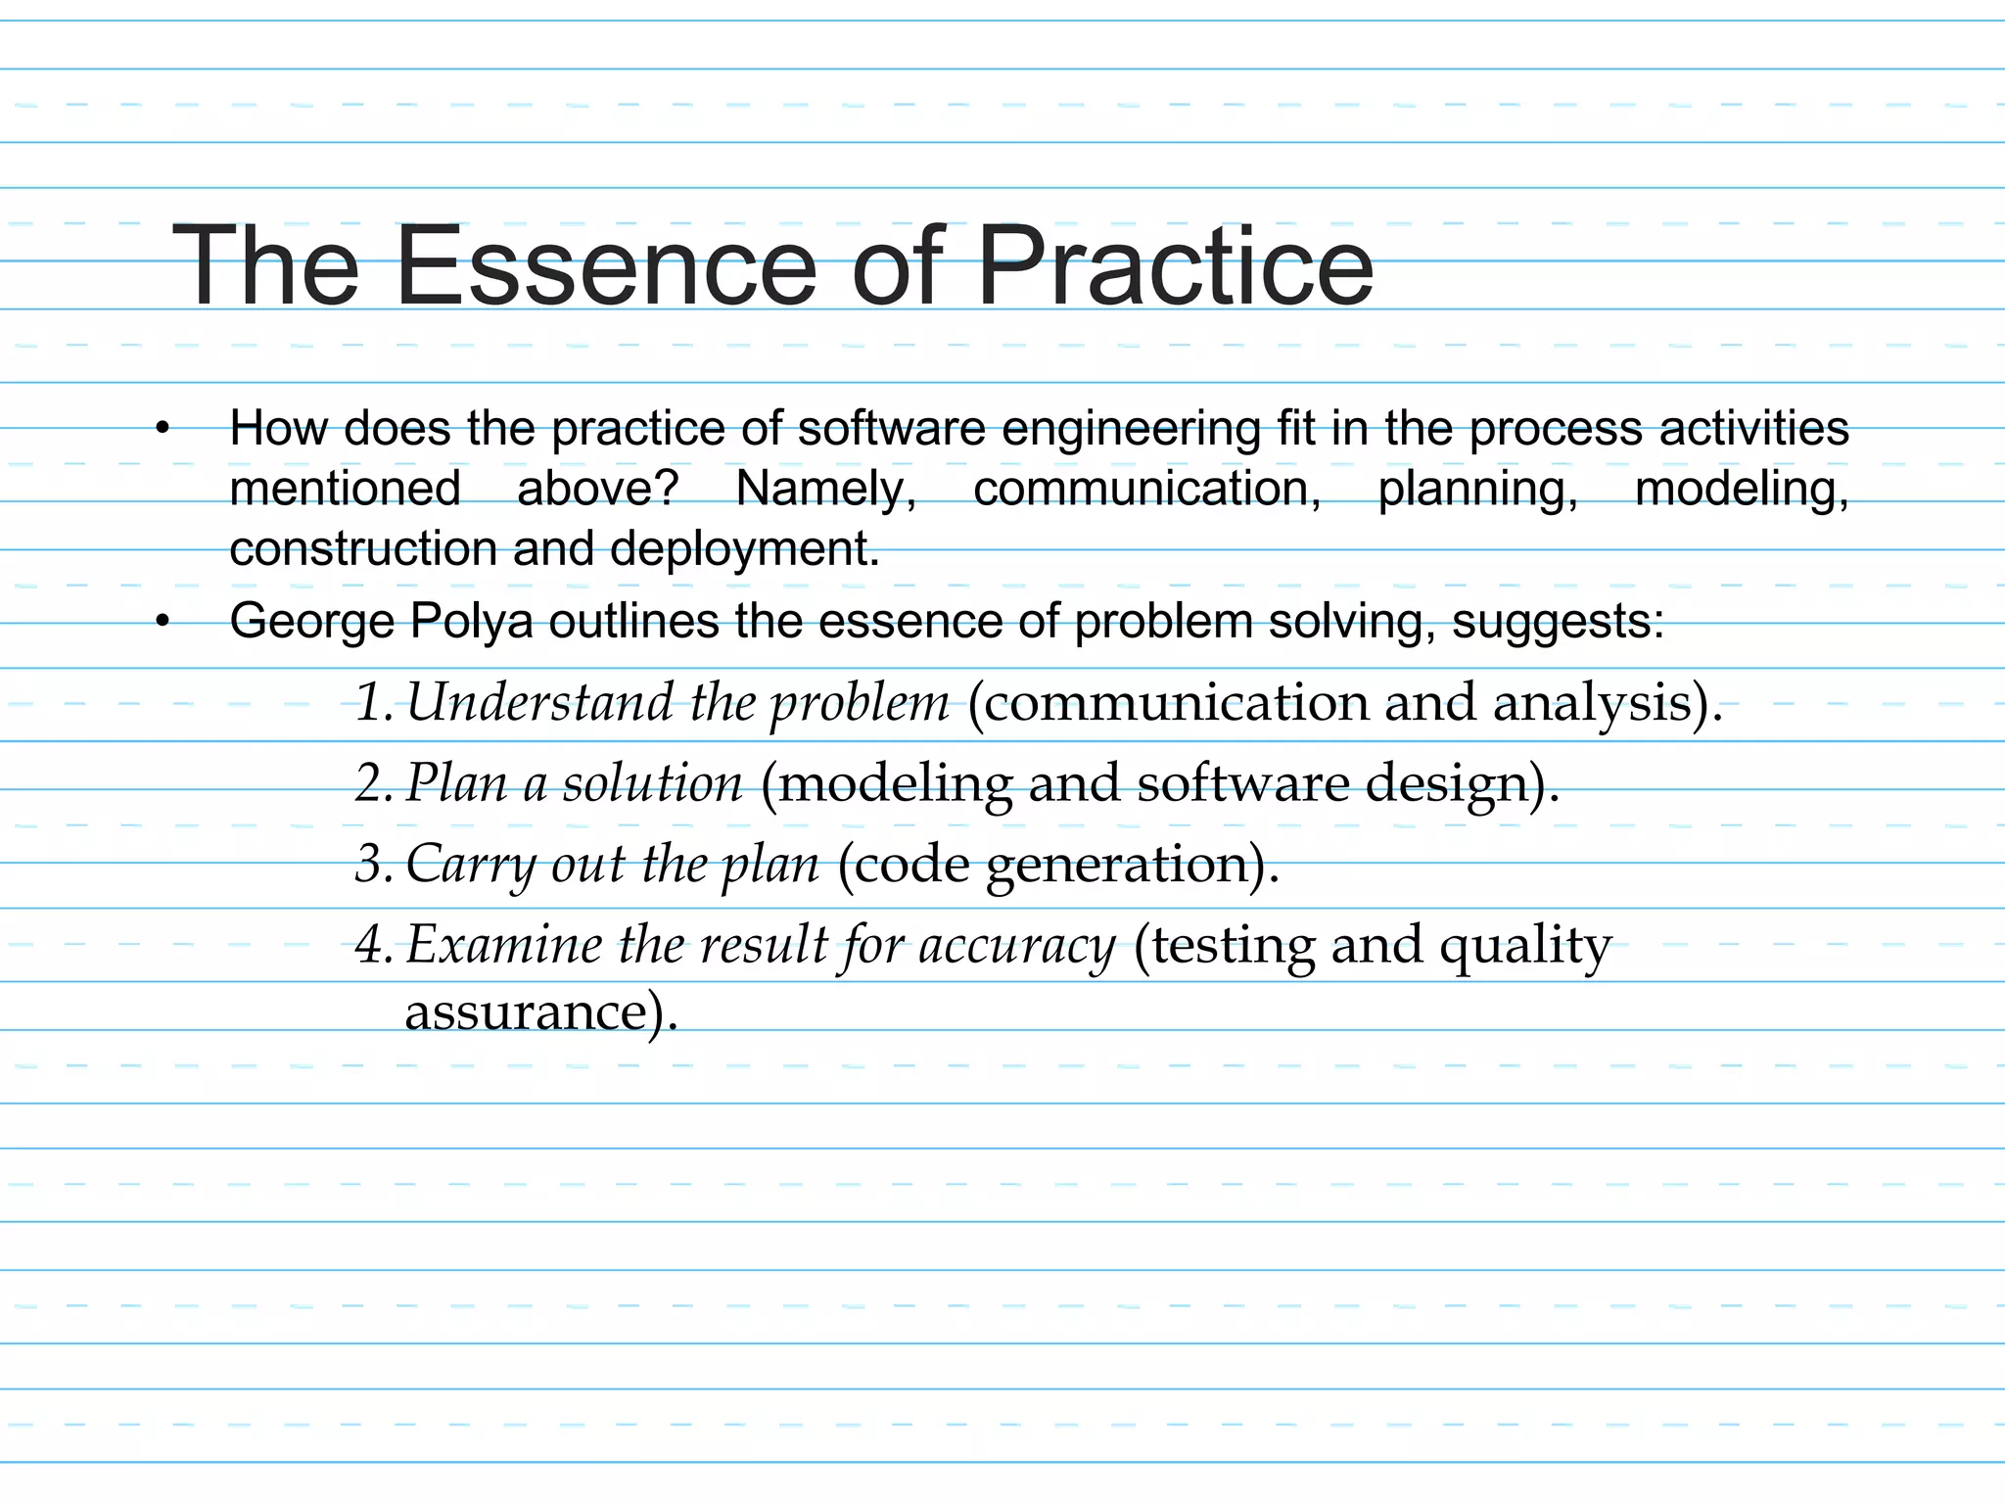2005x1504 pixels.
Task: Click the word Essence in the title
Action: pos(606,266)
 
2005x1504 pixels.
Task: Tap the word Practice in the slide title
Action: pos(1175,266)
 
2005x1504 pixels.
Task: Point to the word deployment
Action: pos(744,548)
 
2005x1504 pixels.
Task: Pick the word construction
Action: pos(363,548)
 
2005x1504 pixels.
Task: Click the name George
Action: pos(311,622)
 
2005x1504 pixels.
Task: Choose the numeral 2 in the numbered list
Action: pos(370,783)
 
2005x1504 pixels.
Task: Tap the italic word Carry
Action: pos(469,865)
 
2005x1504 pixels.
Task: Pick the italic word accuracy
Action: pos(1017,945)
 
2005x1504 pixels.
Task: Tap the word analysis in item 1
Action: pos(1606,702)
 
